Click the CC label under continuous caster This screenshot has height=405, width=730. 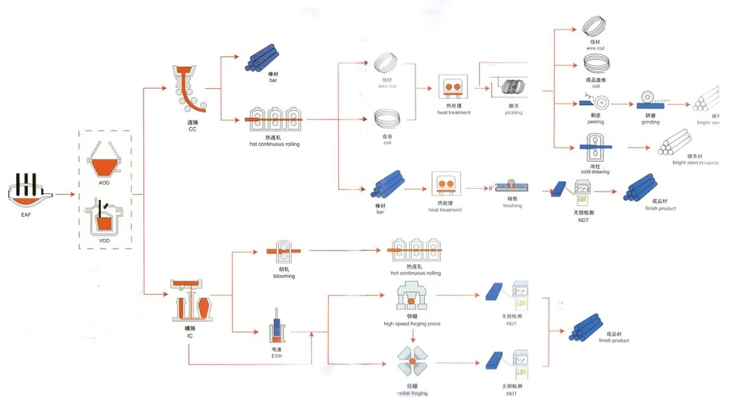pos(192,130)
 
